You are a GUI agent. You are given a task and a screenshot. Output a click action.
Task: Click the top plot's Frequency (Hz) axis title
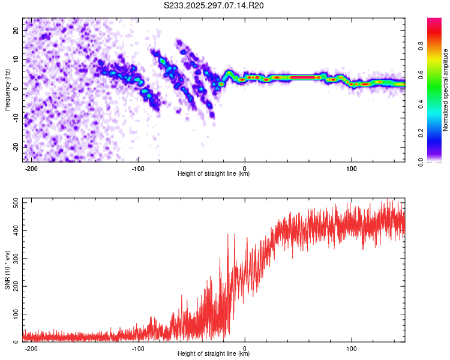8,90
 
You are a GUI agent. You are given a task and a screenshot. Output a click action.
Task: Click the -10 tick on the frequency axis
16,118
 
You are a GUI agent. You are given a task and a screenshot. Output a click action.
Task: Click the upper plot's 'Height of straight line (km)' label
214,174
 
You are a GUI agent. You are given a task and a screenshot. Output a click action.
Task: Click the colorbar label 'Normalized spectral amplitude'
446,90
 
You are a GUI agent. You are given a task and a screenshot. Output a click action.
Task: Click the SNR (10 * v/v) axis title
8,270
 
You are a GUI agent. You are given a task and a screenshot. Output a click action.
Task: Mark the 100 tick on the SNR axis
15,314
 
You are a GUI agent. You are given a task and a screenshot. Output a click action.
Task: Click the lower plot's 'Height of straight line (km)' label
214,354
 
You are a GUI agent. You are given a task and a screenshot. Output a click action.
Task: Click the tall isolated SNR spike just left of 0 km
228,235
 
